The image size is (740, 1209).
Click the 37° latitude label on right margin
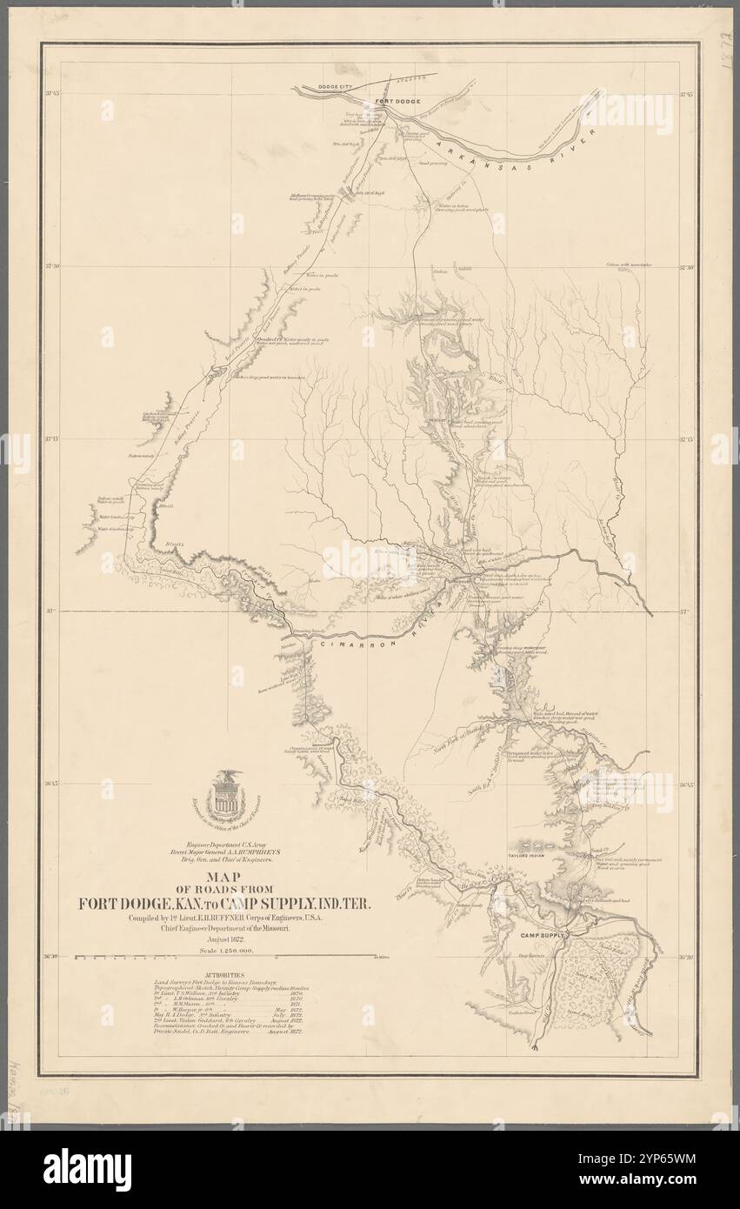(x=684, y=611)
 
